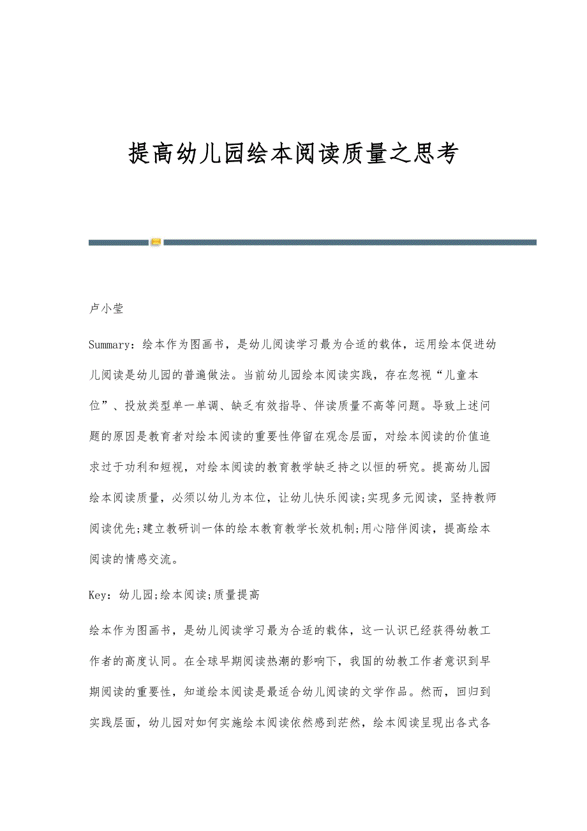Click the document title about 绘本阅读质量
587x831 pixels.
293,153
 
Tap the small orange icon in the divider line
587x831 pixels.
156,242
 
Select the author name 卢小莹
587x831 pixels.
106,309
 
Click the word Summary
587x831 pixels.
111,345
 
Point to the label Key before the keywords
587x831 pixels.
100,595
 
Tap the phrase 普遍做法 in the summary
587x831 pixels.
201,376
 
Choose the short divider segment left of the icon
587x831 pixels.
118,242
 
